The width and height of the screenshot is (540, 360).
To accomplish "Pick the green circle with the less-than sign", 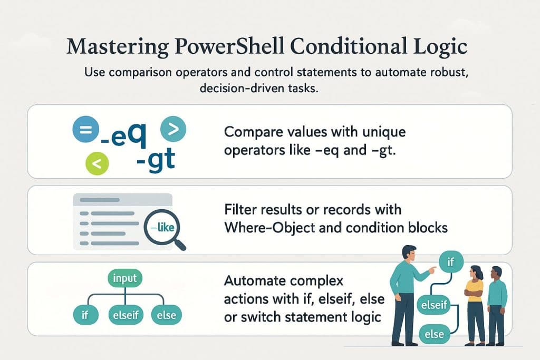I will pos(96,164).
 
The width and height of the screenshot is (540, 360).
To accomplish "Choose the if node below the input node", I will pos(85,316).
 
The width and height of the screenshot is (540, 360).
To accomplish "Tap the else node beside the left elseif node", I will pos(166,316).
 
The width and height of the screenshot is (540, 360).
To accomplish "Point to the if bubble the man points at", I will pos(450,261).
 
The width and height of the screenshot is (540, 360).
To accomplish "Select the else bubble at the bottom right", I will pos(433,334).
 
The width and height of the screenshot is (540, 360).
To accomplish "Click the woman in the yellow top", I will pos(474,303).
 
